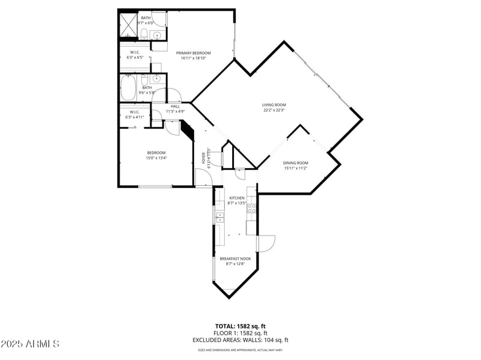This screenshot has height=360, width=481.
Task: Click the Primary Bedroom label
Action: (x=193, y=53)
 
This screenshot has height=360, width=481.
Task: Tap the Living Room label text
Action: (x=274, y=105)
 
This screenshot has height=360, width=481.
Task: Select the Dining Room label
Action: (x=295, y=163)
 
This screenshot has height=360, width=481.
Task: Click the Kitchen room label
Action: (x=236, y=198)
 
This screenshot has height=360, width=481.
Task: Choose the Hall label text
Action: (x=175, y=106)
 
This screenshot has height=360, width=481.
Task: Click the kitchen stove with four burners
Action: (x=252, y=209)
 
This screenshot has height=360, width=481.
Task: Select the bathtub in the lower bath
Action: (x=129, y=88)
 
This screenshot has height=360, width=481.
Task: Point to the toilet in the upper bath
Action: (x=144, y=34)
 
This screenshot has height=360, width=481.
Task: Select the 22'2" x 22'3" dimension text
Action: (x=274, y=110)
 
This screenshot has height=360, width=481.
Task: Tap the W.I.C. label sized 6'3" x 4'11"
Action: (x=135, y=115)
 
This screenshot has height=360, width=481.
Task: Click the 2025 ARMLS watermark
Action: (x=30, y=344)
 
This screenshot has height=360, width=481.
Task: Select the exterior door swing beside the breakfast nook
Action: (x=266, y=243)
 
